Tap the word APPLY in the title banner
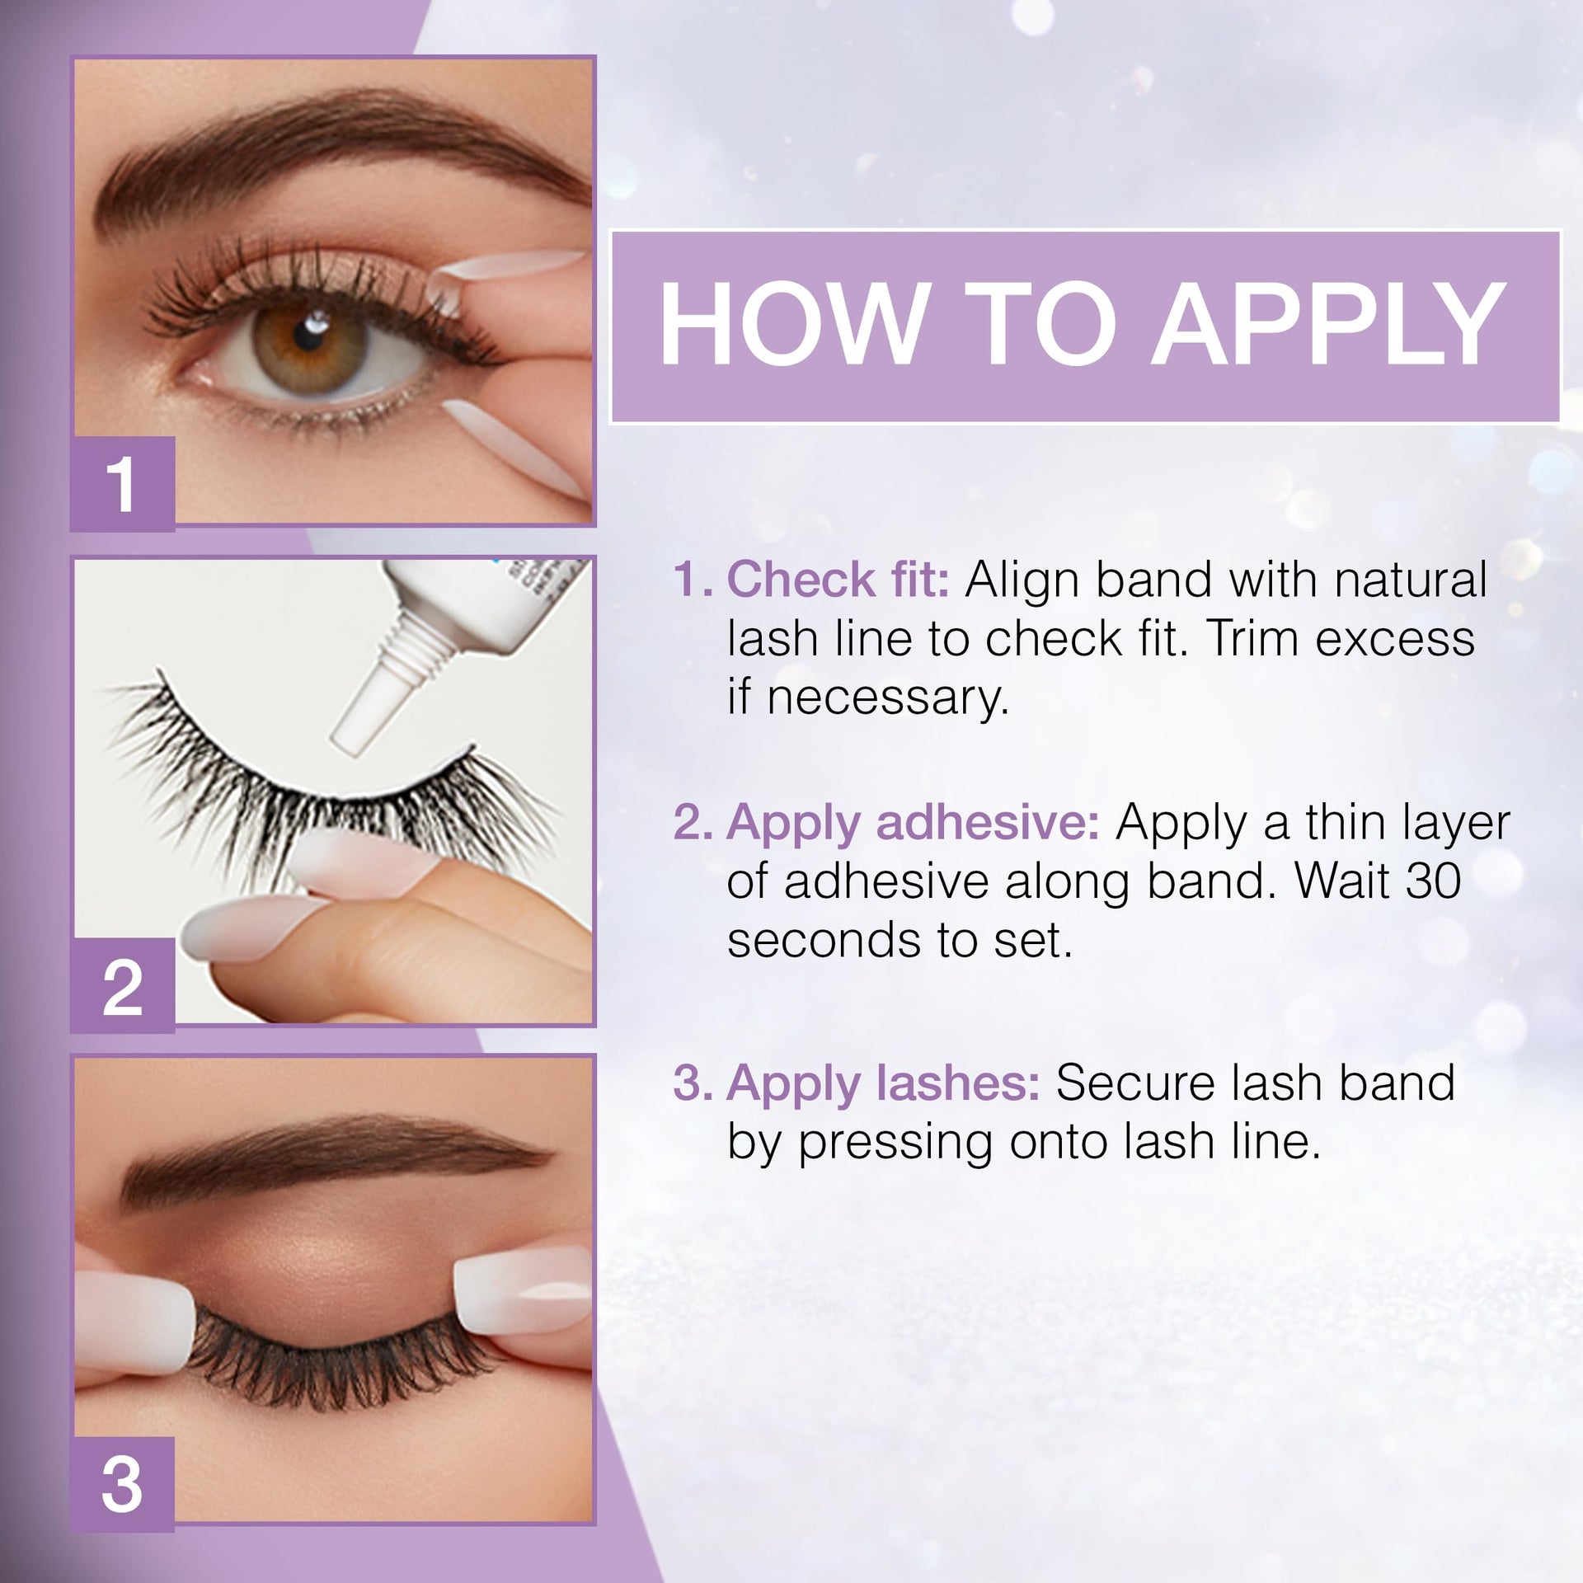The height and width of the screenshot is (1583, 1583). tap(1328, 324)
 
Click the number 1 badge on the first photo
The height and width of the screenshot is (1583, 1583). tap(122, 485)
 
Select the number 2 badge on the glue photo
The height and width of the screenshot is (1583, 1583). tap(122, 985)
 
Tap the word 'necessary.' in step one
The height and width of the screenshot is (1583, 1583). tap(868, 698)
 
